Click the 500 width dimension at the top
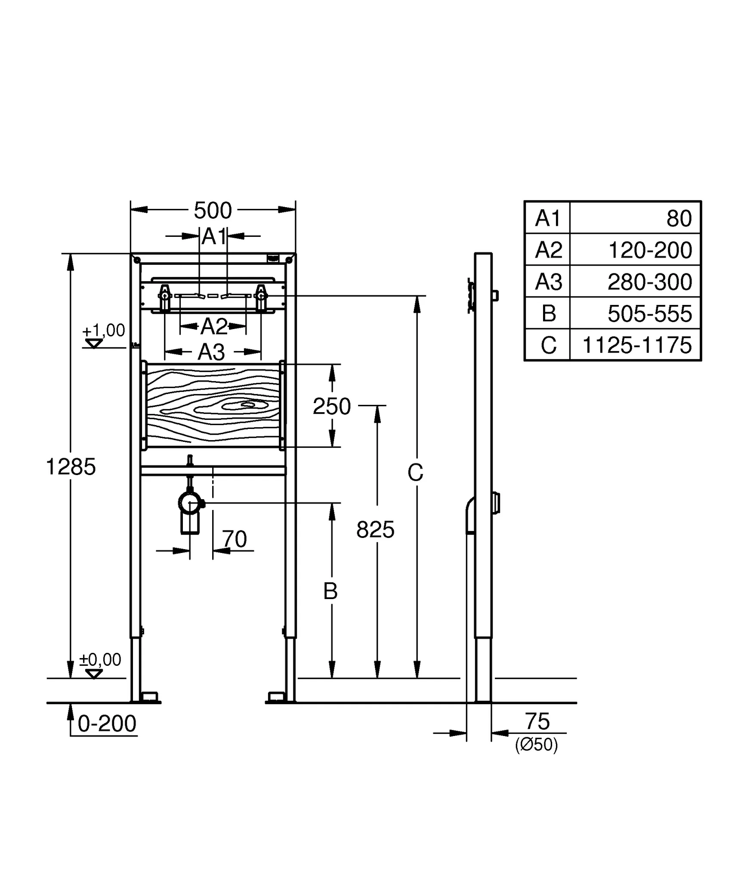point(213,211)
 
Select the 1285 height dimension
point(71,467)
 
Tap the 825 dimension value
point(375,530)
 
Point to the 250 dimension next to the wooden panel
point(331,407)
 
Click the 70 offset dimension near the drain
point(235,539)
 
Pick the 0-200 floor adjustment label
point(107,724)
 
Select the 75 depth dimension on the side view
point(537,721)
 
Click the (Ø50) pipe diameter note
point(536,745)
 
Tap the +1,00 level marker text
point(103,330)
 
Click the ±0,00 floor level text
point(100,659)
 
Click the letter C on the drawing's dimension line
point(415,473)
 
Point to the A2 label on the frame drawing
point(213,327)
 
